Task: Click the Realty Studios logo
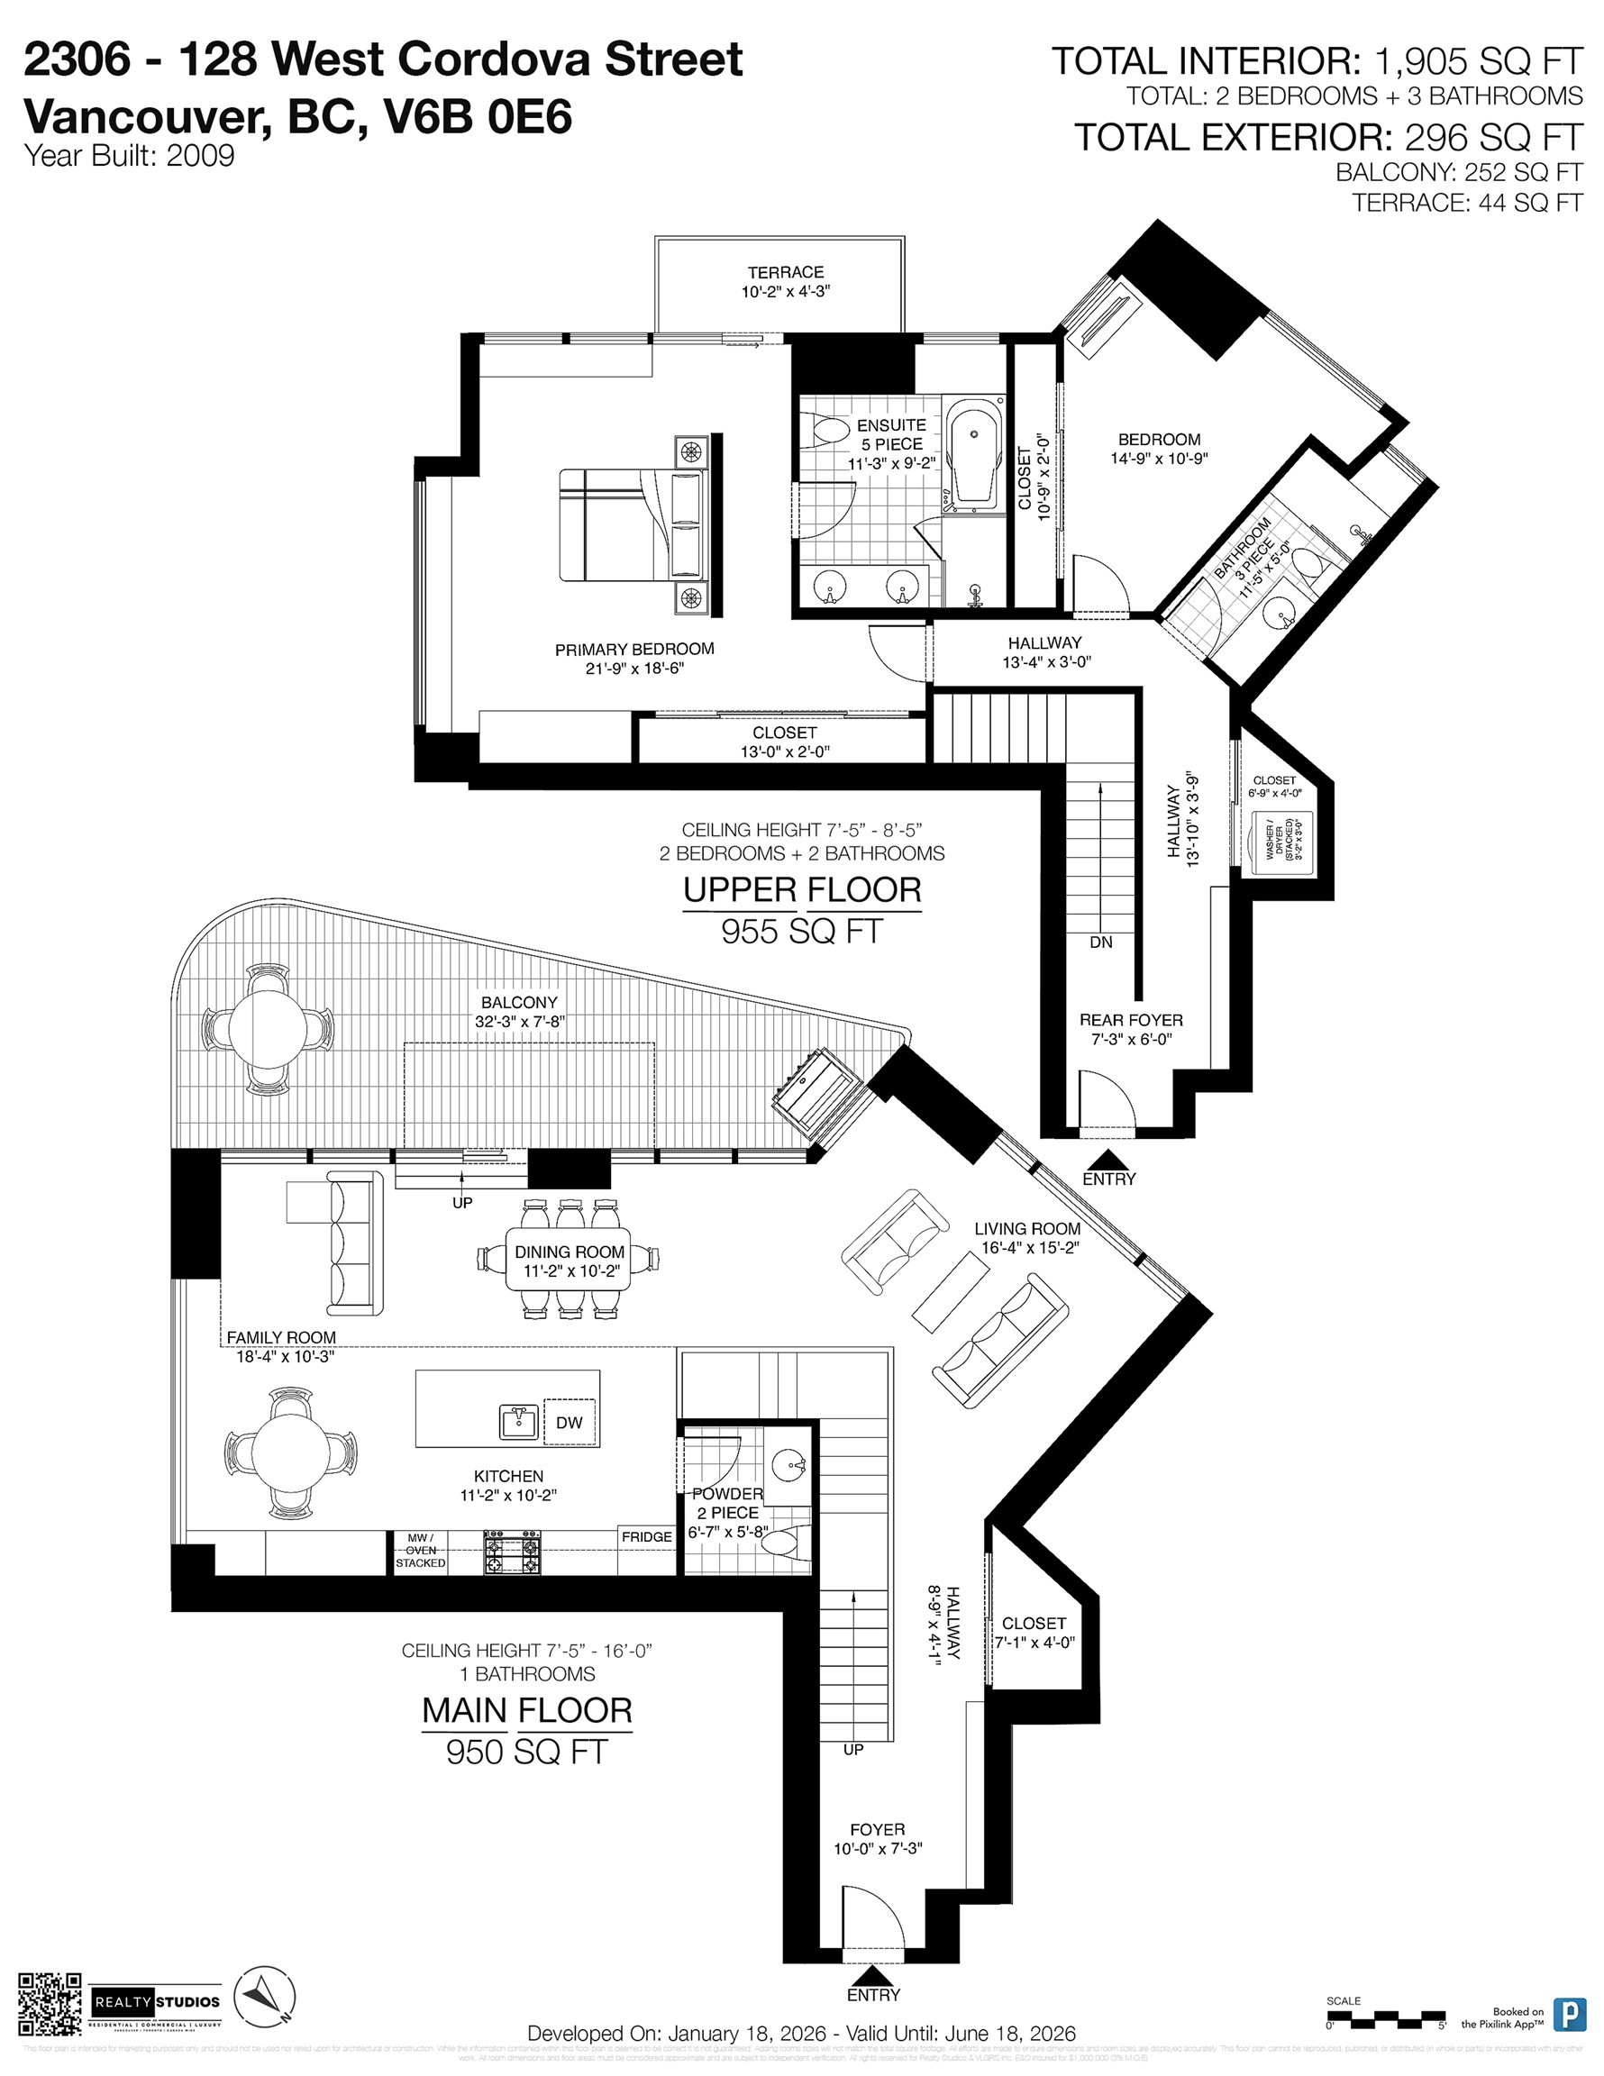pos(157,2001)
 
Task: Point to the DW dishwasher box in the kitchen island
pos(569,1423)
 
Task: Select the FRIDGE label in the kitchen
pos(646,1536)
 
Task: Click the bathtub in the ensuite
pos(976,454)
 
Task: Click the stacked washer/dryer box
pos(1281,837)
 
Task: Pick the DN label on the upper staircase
pos(1101,942)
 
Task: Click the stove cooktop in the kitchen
pos(513,1553)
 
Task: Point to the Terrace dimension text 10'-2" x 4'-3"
pos(786,292)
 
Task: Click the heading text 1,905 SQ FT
pos(1479,62)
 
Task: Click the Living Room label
pos(1027,1229)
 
